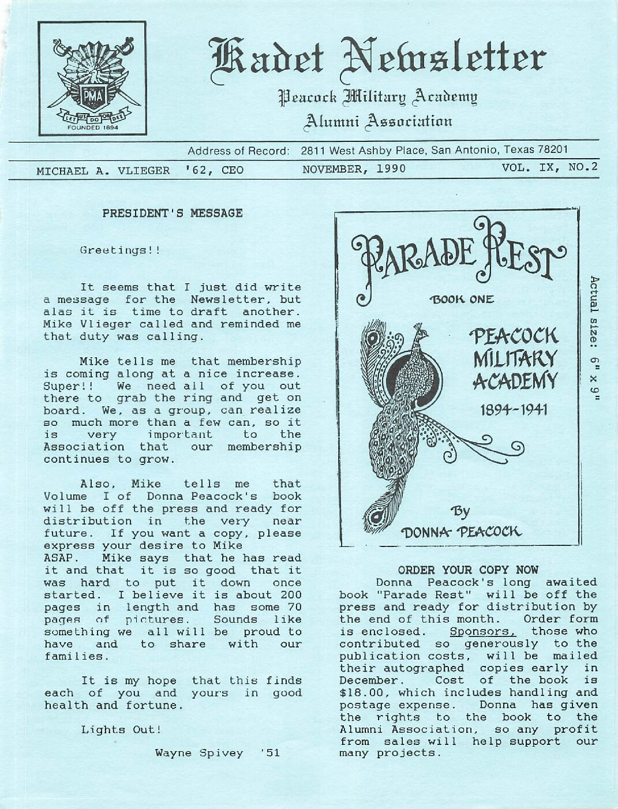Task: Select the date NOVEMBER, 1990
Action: pyautogui.click(x=354, y=169)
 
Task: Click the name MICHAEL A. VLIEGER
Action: pyautogui.click(x=103, y=171)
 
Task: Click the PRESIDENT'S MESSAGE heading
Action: pyautogui.click(x=173, y=213)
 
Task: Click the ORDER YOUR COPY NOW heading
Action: pyautogui.click(x=468, y=570)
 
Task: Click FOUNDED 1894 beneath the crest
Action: pyautogui.click(x=93, y=128)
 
